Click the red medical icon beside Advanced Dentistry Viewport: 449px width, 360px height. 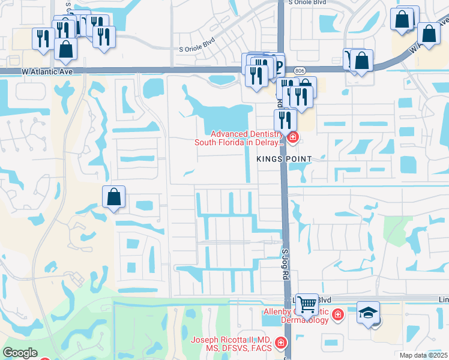click(x=292, y=139)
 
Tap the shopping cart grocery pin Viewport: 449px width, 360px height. click(x=307, y=305)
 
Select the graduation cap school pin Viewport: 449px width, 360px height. click(x=368, y=313)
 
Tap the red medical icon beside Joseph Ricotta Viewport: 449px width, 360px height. click(x=280, y=343)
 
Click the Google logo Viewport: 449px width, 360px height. click(x=20, y=353)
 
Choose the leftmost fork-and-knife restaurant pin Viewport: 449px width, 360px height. click(x=43, y=39)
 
